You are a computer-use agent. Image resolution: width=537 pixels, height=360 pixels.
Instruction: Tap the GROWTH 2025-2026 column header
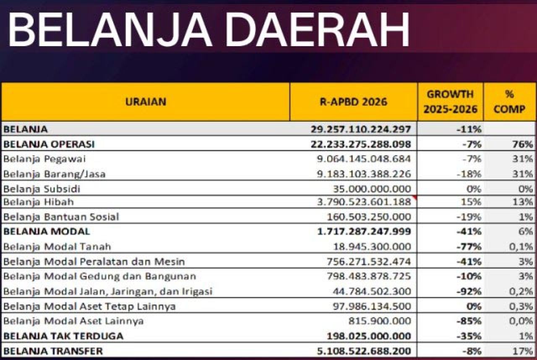point(450,102)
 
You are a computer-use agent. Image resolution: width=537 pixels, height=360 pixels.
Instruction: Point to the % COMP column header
point(509,102)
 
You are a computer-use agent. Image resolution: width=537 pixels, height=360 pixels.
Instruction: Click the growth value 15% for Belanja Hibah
point(472,202)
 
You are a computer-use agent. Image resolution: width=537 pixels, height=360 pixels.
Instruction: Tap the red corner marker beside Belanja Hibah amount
point(414,197)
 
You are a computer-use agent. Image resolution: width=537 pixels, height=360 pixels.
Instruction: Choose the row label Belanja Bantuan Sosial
point(61,217)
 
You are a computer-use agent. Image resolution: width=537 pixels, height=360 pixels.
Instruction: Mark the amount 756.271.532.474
point(369,261)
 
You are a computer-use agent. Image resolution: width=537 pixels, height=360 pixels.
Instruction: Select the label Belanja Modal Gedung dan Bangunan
point(99,277)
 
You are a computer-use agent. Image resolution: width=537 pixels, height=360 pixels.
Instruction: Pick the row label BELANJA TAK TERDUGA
point(63,336)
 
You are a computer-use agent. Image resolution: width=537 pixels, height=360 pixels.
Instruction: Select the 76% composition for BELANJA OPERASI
point(524,144)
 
